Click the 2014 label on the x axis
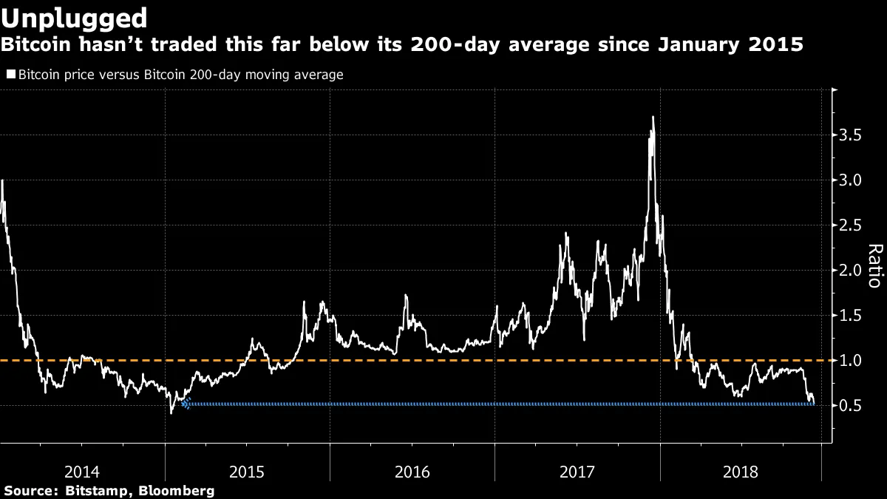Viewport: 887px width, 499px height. pos(82,471)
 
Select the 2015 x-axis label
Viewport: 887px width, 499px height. pos(248,471)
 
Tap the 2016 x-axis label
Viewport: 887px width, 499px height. pos(412,471)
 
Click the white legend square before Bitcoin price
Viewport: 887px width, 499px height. pos(11,75)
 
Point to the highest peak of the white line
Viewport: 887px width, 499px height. pos(653,117)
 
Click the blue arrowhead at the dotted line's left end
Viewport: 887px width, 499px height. pos(186,404)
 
